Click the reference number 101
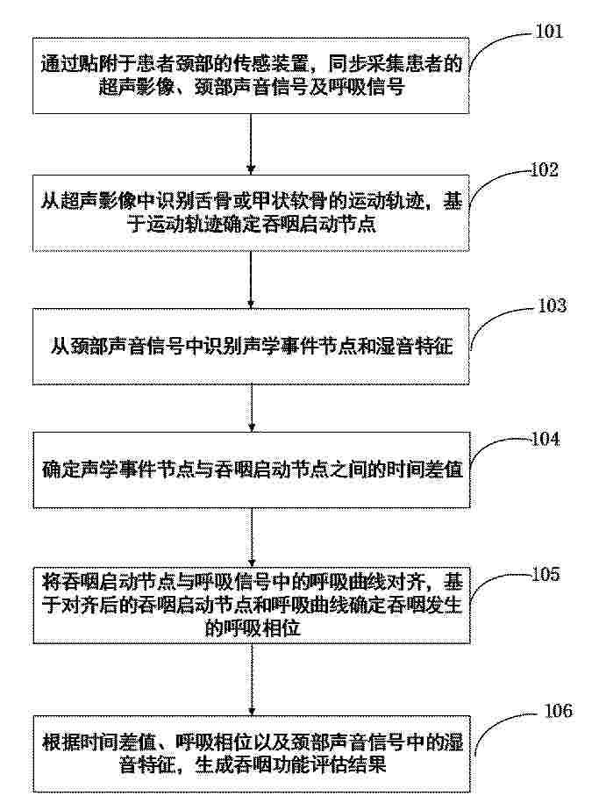point(548,32)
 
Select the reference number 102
point(544,169)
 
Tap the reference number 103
point(553,305)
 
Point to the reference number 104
point(546,439)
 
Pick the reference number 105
point(546,574)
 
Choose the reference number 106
point(558,711)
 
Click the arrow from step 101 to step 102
point(251,144)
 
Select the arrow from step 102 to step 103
point(251,280)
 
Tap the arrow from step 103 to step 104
point(252,408)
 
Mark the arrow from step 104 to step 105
point(252,538)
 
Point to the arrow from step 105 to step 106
point(252,679)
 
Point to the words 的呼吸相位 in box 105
point(252,628)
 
